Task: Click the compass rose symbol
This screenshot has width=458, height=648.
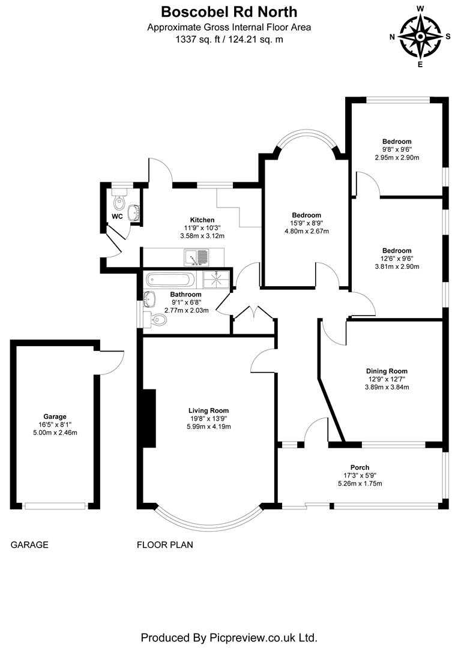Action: (x=420, y=36)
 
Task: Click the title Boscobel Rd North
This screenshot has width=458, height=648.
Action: (x=229, y=11)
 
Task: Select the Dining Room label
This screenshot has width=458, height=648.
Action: (x=387, y=371)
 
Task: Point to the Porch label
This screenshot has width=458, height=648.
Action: (x=360, y=467)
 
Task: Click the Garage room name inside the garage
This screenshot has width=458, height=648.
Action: (x=55, y=416)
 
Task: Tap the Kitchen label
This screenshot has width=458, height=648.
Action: (x=202, y=220)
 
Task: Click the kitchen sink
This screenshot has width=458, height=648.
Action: (x=196, y=257)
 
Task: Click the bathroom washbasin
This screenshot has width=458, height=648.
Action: (x=150, y=298)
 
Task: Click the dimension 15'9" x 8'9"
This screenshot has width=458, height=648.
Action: (x=306, y=223)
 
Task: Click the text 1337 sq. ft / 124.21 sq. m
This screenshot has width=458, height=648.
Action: (x=229, y=39)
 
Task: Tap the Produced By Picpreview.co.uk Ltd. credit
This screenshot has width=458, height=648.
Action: (x=229, y=637)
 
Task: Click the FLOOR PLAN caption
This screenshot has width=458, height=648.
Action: (x=165, y=545)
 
